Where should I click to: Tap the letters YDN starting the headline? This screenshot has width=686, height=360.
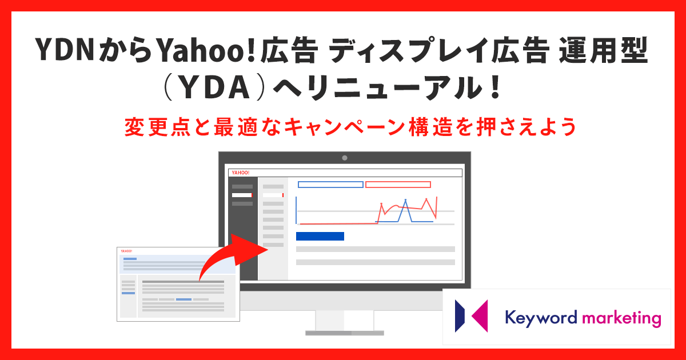click(x=64, y=49)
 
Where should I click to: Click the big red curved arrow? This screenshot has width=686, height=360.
click(x=233, y=255)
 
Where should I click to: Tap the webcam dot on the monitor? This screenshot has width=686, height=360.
click(x=345, y=158)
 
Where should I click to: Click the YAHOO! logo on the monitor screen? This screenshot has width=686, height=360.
click(x=241, y=173)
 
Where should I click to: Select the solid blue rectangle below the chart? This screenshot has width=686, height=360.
click(x=320, y=236)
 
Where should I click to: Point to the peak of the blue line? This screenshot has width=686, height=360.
click(x=405, y=200)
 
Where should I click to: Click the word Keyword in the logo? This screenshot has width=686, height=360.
click(x=541, y=318)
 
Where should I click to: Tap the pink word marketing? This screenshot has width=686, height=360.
click(x=621, y=319)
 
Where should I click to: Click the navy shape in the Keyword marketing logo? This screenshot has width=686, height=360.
click(x=460, y=316)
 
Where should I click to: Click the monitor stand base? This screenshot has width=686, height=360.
click(x=345, y=333)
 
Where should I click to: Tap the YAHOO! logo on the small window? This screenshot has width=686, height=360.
click(x=126, y=251)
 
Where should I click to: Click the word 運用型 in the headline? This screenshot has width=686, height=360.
click(x=603, y=50)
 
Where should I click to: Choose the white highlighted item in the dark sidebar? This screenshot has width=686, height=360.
click(x=242, y=195)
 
